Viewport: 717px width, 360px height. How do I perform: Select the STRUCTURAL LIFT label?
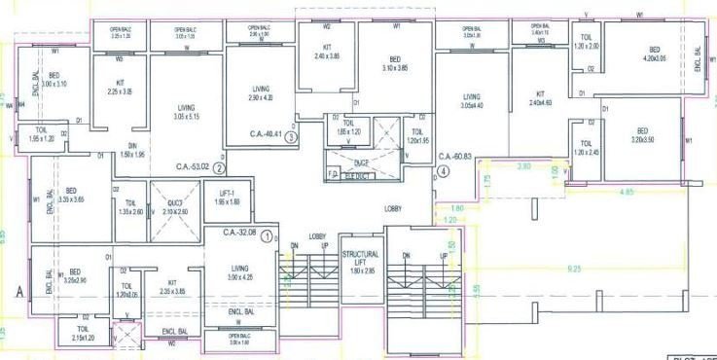[359, 257]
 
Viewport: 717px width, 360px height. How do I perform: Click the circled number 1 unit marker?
[266, 233]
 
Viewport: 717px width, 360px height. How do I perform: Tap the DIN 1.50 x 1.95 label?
[133, 150]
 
